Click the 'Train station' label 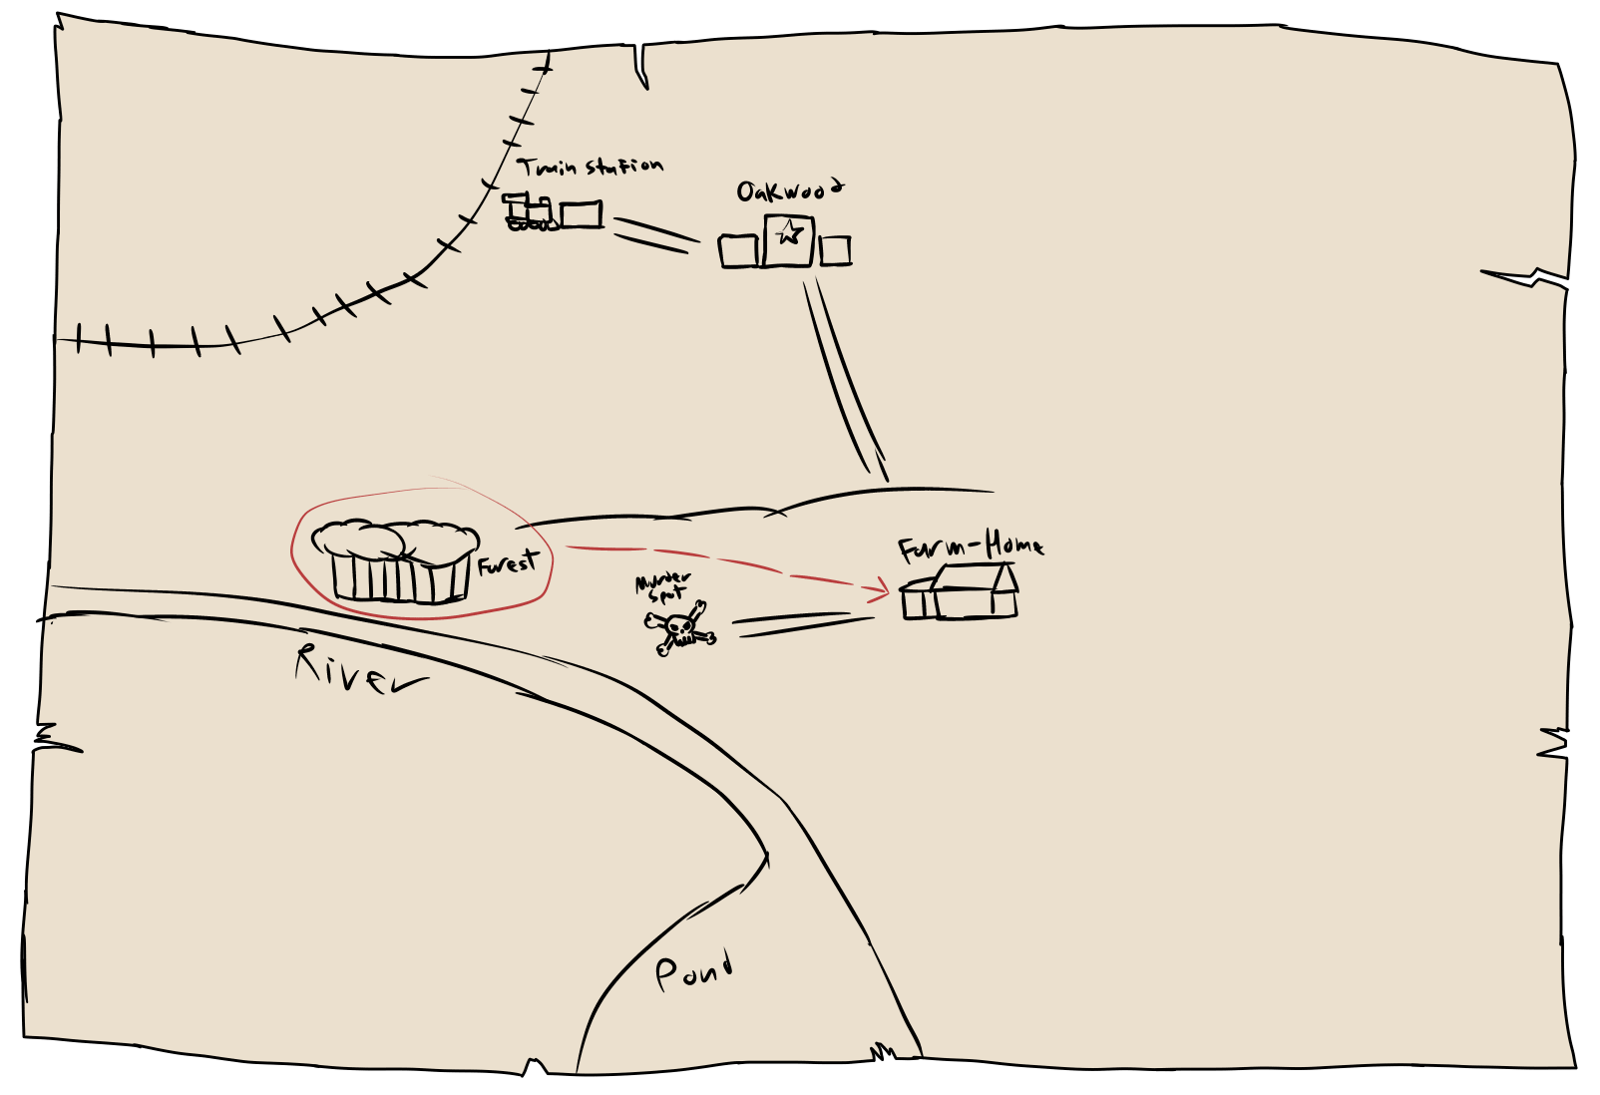(590, 166)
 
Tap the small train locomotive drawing (529, 212)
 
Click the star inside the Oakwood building (789, 233)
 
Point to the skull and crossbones (680, 628)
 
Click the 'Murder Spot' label (663, 586)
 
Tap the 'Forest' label (508, 563)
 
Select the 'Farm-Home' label (970, 547)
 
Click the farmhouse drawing (974, 592)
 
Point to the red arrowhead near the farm (882, 592)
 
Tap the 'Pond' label (693, 969)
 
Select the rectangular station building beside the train (581, 214)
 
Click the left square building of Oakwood (738, 251)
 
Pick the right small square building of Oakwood (835, 250)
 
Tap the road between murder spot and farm (803, 625)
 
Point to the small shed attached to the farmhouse (917, 600)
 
